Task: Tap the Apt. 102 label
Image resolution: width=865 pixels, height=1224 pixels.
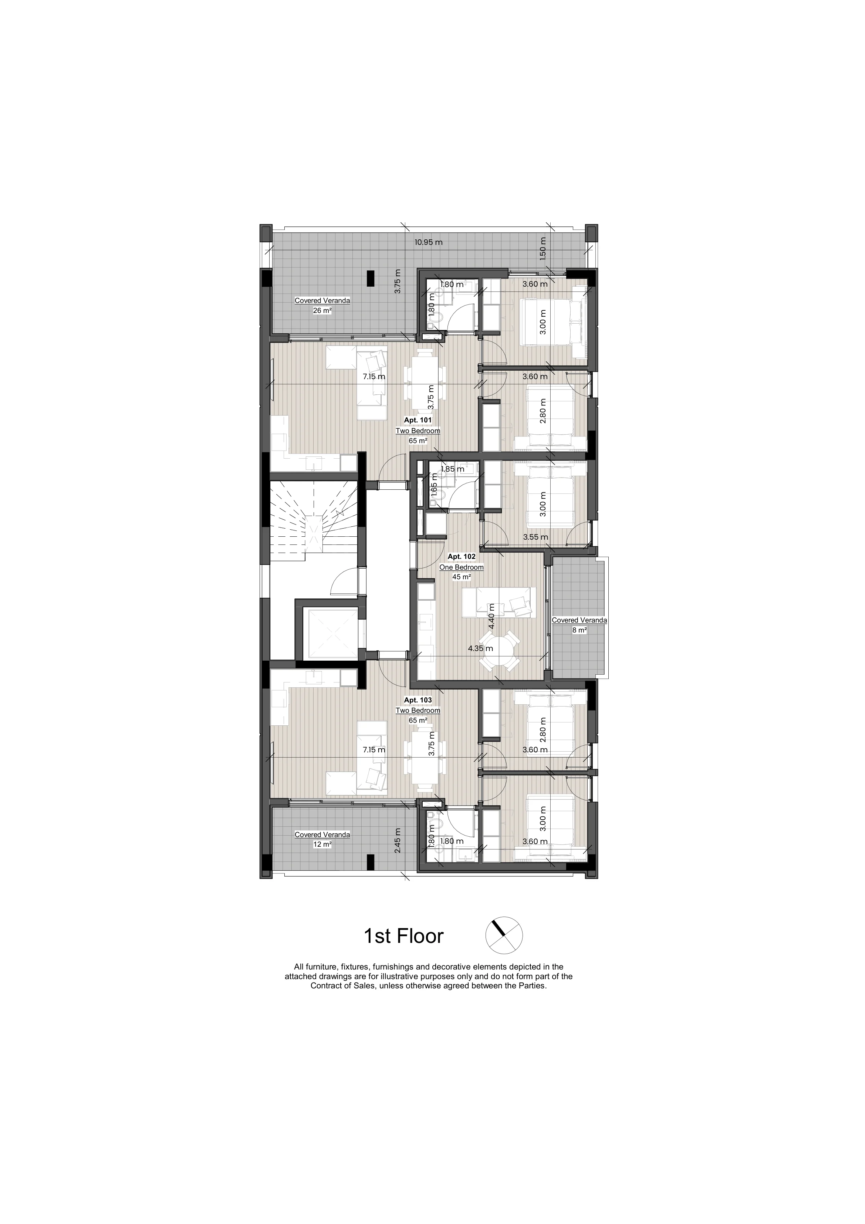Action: (462, 557)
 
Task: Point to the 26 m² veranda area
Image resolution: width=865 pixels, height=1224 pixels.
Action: (322, 310)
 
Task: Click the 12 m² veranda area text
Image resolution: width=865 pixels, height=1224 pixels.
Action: (322, 844)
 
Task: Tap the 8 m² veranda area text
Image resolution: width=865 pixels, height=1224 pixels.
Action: (580, 630)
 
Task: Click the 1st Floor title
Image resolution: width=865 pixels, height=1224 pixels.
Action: (403, 936)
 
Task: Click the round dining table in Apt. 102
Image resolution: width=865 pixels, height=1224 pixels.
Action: (499, 651)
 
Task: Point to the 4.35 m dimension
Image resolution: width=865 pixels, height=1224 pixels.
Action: (480, 649)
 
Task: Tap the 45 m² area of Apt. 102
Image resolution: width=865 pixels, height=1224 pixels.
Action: (462, 577)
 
